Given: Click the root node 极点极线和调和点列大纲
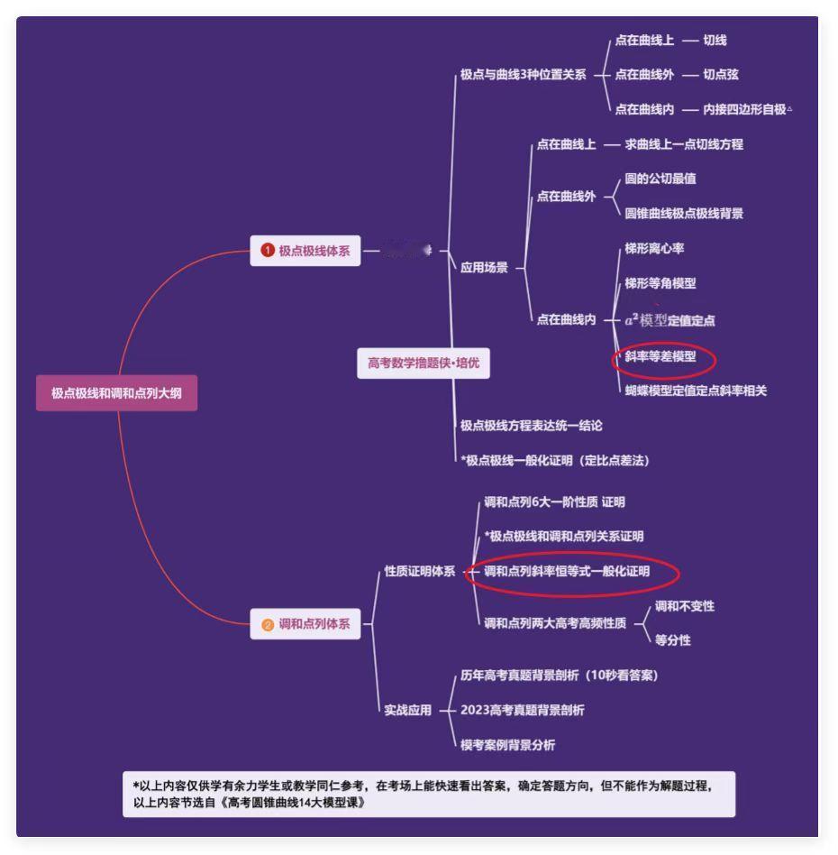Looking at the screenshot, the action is pos(116,393).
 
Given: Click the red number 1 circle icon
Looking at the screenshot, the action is pos(268,252).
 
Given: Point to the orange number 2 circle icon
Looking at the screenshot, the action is pos(268,625).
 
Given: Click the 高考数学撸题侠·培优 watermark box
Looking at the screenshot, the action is pos(424,363).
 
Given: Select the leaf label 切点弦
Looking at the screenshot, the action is pos(721,75).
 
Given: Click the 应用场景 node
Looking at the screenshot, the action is pos(484,268).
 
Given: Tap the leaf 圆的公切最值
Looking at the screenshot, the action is pos(660,179).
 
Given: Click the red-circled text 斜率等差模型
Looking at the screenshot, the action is pos(660,356).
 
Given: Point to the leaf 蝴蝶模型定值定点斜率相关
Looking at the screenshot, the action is pos(696,391).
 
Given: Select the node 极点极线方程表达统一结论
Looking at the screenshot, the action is pos(531,425).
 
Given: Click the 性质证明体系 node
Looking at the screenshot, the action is pos(419,571).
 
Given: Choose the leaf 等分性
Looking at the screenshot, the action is pos(672,640).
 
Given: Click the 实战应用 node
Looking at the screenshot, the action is pos(407,710).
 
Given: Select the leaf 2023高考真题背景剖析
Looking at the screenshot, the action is pos(522,710).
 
